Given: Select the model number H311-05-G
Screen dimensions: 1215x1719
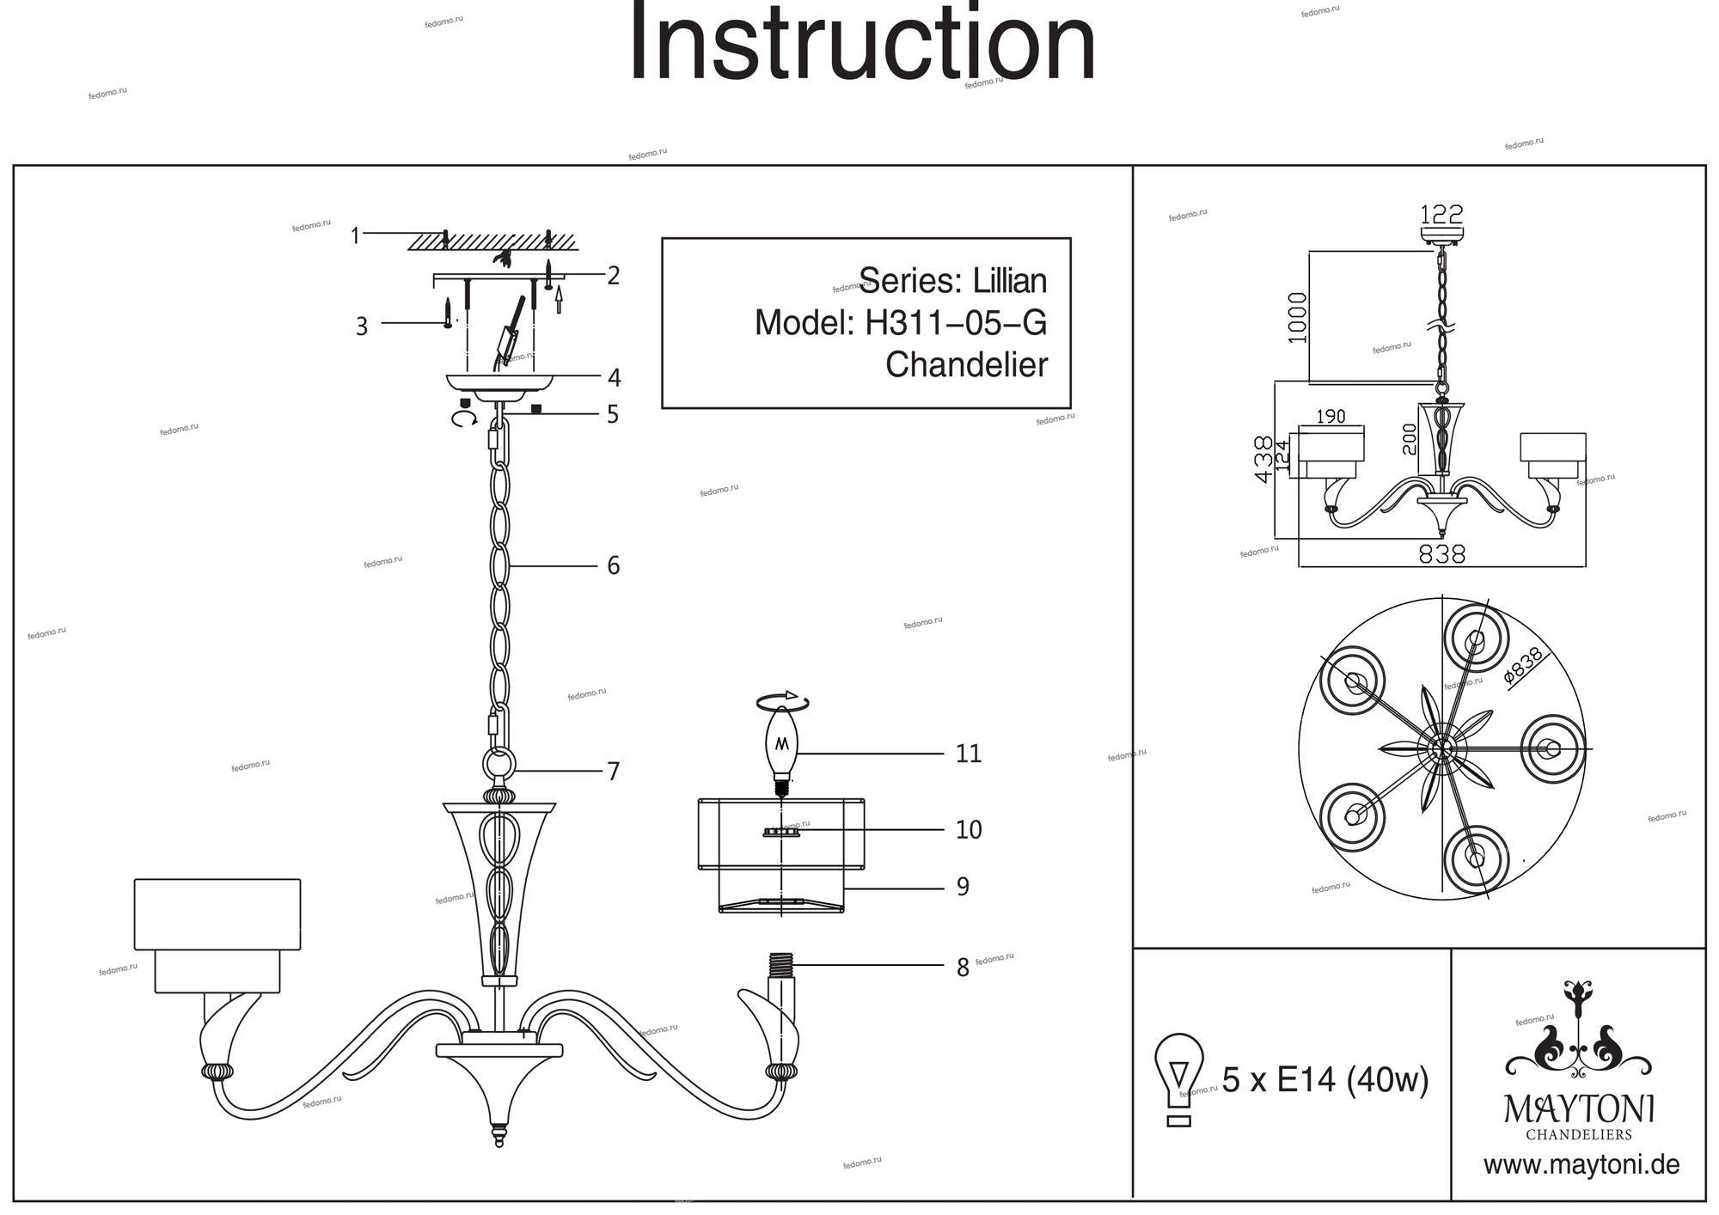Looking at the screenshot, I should tap(956, 323).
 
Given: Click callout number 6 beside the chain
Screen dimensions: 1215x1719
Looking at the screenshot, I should tap(613, 565).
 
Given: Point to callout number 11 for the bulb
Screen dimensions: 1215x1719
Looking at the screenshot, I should tap(968, 754).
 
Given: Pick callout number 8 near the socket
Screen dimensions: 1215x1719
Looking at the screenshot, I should tap(963, 968).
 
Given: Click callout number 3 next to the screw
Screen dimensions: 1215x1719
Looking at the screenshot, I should tap(362, 327).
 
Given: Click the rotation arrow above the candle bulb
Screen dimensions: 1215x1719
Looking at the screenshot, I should tap(782, 701).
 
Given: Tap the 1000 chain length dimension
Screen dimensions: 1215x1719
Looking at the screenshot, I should tap(1297, 318).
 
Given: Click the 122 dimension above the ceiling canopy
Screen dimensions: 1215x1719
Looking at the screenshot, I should tap(1441, 213).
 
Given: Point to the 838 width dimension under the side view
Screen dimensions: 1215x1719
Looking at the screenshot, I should tap(1441, 555).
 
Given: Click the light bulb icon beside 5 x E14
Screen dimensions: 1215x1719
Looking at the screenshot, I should tap(1178, 1078).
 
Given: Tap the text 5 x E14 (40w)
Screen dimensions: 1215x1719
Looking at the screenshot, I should tap(1324, 1079).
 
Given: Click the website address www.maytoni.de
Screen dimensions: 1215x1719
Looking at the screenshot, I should tap(1581, 1166).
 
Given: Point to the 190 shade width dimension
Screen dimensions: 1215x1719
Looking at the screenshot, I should tap(1330, 417).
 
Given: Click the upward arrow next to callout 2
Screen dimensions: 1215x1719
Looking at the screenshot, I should tap(559, 298).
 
